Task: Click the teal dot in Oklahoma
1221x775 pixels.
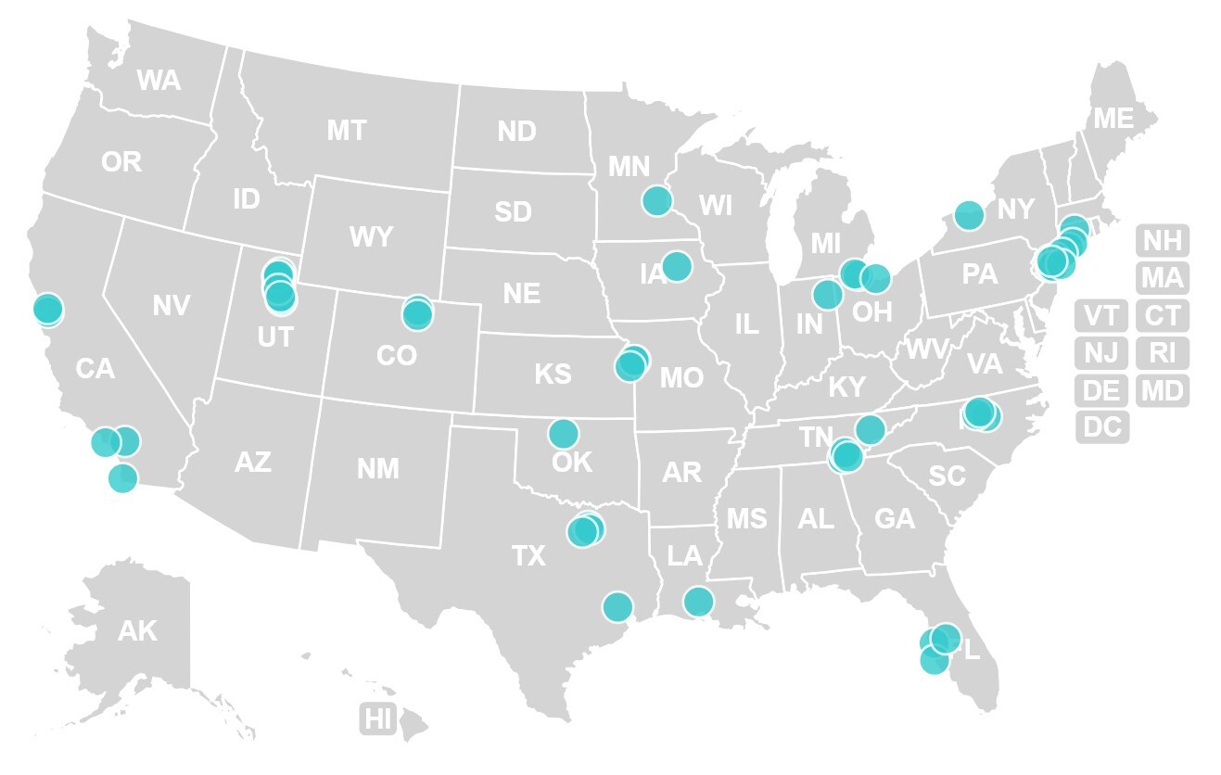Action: [563, 433]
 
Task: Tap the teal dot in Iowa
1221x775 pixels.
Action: [677, 265]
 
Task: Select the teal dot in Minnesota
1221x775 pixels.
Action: [656, 200]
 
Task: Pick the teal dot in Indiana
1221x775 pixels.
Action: [827, 295]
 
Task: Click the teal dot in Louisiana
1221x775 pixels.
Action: [698, 602]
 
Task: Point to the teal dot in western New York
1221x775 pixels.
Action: [969, 215]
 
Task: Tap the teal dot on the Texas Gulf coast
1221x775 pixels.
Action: [617, 607]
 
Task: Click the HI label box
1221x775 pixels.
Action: [378, 718]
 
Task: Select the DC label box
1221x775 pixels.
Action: [1102, 426]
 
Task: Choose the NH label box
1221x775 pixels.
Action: [1163, 241]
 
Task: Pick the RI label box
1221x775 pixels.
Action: [1163, 352]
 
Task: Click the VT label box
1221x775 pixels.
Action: [1102, 315]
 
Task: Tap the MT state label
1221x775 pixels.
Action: [347, 131]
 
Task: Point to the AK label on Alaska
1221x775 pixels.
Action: [137, 631]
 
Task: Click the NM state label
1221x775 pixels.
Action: [378, 469]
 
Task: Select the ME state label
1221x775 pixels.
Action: [1113, 119]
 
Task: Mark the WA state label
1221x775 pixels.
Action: [159, 81]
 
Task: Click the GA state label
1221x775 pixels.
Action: [895, 519]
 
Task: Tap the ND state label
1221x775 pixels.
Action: [516, 132]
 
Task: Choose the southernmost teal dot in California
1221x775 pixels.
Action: [122, 478]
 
